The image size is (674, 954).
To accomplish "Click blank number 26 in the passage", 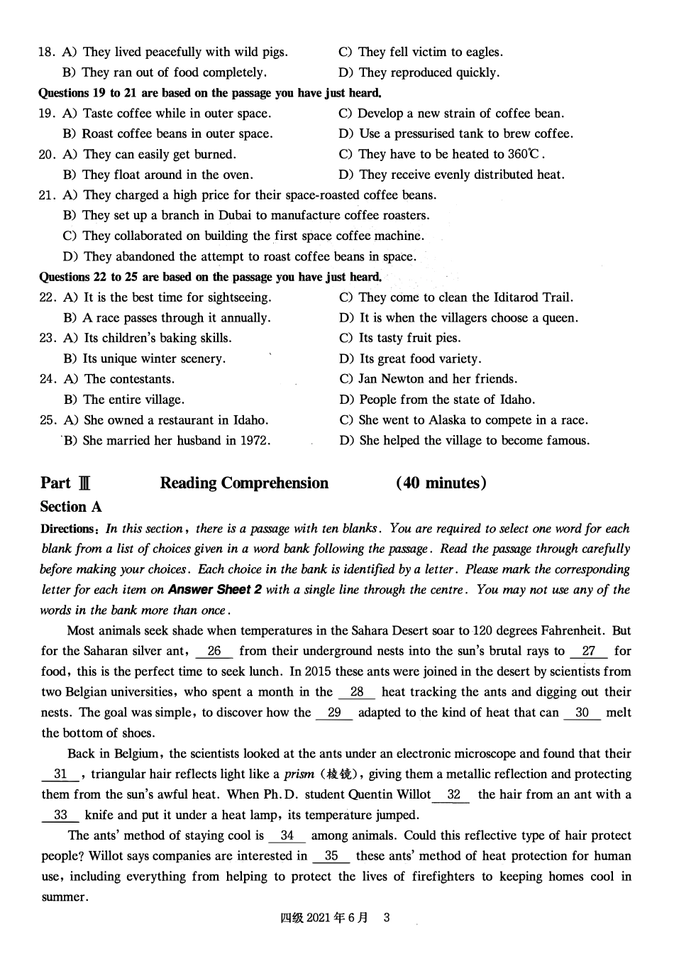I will coord(214,651).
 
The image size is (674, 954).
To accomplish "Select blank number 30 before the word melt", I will coord(582,713).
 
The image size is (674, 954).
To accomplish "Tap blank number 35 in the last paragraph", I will coord(331,856).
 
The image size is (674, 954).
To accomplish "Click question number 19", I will coord(47,114).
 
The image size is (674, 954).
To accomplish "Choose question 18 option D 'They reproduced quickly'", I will coord(419,72).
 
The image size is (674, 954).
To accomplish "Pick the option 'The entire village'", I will coord(124,400).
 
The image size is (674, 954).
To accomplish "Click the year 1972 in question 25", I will coord(253,441).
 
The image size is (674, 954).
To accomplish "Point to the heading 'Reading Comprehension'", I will coord(244,483).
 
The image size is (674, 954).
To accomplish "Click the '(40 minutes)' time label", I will coord(441,483).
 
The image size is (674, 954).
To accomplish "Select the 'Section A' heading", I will coord(71,507).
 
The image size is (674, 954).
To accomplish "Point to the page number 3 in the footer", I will coord(387,918).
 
